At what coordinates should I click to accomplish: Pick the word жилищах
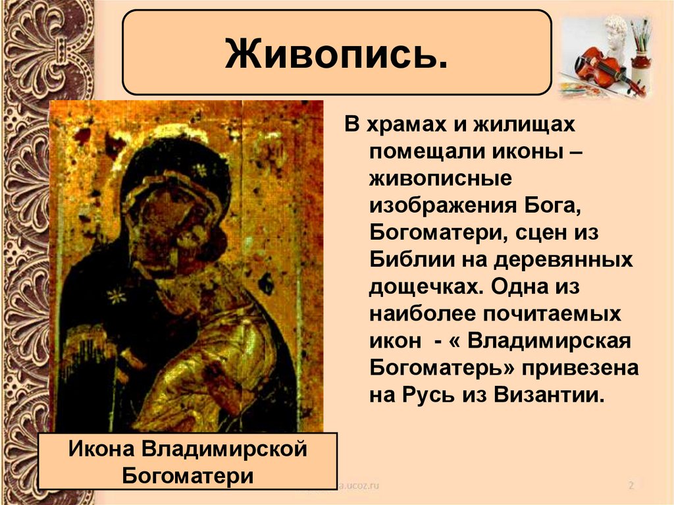pyautogui.click(x=523, y=124)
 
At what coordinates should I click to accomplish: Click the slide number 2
pyautogui.click(x=631, y=486)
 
